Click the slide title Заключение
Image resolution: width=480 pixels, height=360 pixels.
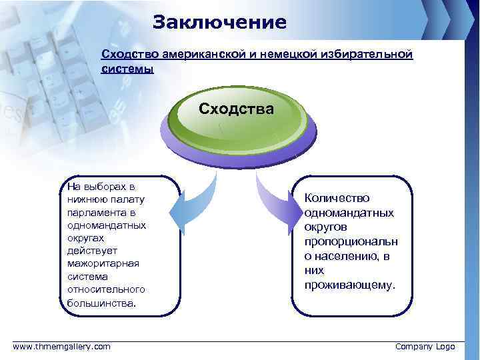coord(219,22)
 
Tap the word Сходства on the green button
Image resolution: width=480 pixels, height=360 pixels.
coord(236,108)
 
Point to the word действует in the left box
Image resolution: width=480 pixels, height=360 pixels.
coord(91,251)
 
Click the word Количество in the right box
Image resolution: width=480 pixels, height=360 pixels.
coord(337,198)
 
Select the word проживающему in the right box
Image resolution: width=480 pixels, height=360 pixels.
coord(349,285)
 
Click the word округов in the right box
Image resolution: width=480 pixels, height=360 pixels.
coord(327,227)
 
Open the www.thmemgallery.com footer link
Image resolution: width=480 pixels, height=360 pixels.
coord(62,347)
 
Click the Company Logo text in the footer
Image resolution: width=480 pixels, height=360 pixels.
coord(425,347)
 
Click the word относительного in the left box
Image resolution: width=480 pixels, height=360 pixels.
coord(106,289)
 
